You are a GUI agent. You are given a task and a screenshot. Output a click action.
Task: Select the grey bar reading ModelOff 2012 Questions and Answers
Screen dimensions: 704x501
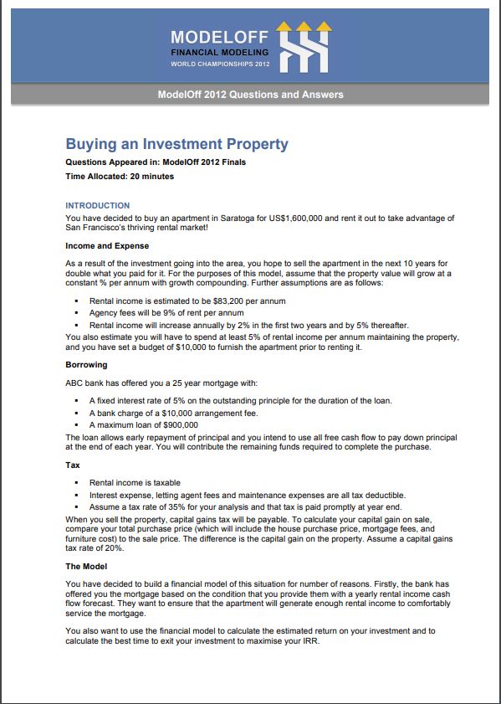coord(250,95)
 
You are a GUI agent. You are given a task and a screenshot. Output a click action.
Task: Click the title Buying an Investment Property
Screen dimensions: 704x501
coord(176,143)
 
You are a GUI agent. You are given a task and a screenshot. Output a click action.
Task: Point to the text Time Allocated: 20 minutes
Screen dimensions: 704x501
coord(120,177)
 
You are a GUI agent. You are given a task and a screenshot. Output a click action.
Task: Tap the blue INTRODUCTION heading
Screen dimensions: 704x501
coord(97,205)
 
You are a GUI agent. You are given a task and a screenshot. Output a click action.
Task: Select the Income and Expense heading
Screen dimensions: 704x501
coord(107,246)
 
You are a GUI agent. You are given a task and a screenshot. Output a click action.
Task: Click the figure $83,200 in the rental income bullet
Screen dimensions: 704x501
coord(221,300)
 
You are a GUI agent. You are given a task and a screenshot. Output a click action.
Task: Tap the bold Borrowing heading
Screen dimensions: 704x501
coord(88,365)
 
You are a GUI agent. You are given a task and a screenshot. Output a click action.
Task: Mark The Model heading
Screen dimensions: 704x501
coord(87,566)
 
